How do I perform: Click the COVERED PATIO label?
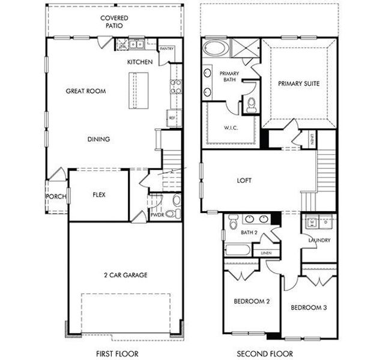114,22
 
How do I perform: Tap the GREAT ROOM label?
86,92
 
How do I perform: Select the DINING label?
99,140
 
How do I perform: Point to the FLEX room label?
99,195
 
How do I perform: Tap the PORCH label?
55,196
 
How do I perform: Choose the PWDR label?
157,214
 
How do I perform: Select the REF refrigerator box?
172,118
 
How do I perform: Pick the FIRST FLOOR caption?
114,353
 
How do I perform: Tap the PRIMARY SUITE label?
299,84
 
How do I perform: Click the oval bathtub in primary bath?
213,49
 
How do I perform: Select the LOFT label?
244,180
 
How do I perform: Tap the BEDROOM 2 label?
250,301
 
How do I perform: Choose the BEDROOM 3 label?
309,308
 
